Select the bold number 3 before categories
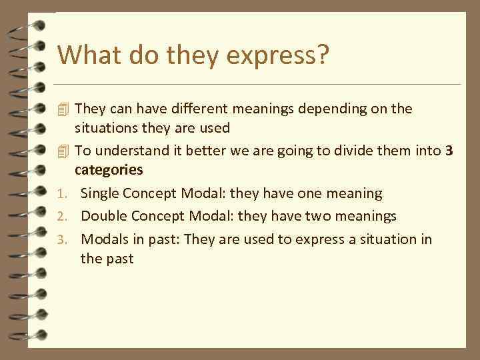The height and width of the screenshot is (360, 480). click(449, 151)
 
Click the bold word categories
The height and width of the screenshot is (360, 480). click(109, 169)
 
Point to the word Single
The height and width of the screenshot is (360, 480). click(100, 193)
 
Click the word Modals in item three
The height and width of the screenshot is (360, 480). click(103, 239)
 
